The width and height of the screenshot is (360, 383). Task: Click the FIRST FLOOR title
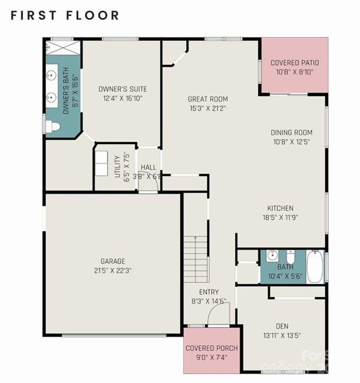pos(65,15)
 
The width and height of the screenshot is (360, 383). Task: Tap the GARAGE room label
pos(113,261)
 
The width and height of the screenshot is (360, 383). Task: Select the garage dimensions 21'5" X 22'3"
pos(113,271)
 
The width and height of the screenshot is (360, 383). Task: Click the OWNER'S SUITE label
pos(123,89)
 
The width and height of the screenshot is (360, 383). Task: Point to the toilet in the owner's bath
pos(53,126)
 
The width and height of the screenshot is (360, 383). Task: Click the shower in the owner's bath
pos(63,48)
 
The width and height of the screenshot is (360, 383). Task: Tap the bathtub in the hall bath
pos(315,266)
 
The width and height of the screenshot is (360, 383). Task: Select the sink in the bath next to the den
pos(272,255)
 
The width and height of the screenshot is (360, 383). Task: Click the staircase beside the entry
pos(196,259)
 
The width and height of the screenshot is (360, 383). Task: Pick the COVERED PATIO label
pos(294,63)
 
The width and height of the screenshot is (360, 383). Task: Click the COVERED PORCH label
pos(211,348)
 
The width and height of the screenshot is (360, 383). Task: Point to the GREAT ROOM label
pos(208,99)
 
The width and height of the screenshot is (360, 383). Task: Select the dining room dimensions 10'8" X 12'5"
pos(291,142)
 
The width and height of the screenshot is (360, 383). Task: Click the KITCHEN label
pos(280,208)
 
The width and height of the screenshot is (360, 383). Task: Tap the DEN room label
pos(282,326)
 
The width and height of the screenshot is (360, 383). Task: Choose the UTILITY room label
pos(118,167)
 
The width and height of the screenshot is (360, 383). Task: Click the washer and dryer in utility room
pos(101,163)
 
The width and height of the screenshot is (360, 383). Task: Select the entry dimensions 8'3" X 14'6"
pos(209,301)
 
